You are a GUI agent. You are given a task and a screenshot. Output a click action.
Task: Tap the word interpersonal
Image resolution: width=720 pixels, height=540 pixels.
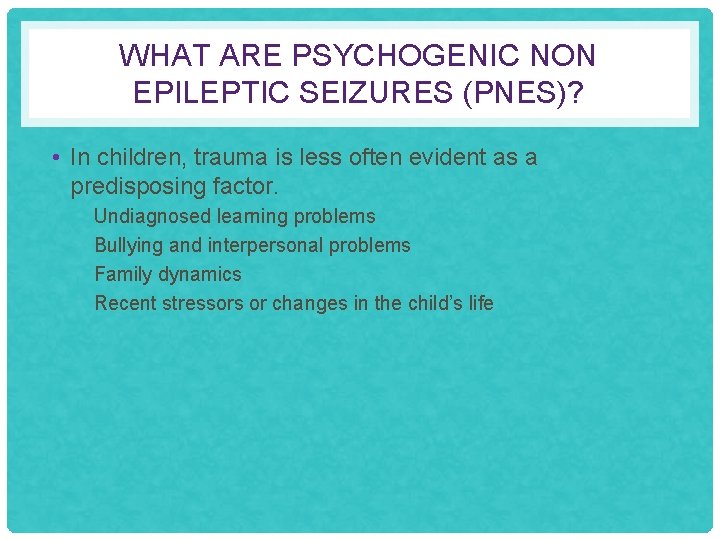(x=265, y=245)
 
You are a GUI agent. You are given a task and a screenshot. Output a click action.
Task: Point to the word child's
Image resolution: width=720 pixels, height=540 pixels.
(x=434, y=303)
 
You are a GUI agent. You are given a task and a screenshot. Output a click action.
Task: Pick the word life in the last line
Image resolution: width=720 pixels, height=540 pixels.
(x=481, y=303)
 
